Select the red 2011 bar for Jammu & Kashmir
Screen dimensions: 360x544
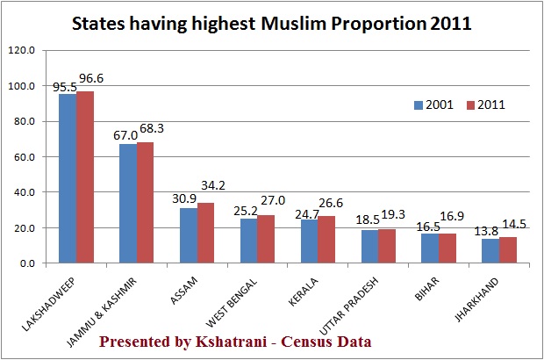pos(145,203)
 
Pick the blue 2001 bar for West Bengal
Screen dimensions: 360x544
pos(248,241)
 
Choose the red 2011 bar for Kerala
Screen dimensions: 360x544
pos(326,240)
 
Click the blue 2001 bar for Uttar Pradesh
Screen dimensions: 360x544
pos(369,247)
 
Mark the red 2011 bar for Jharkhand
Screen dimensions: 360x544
pos(506,250)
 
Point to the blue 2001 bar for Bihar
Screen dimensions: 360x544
pos(429,248)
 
